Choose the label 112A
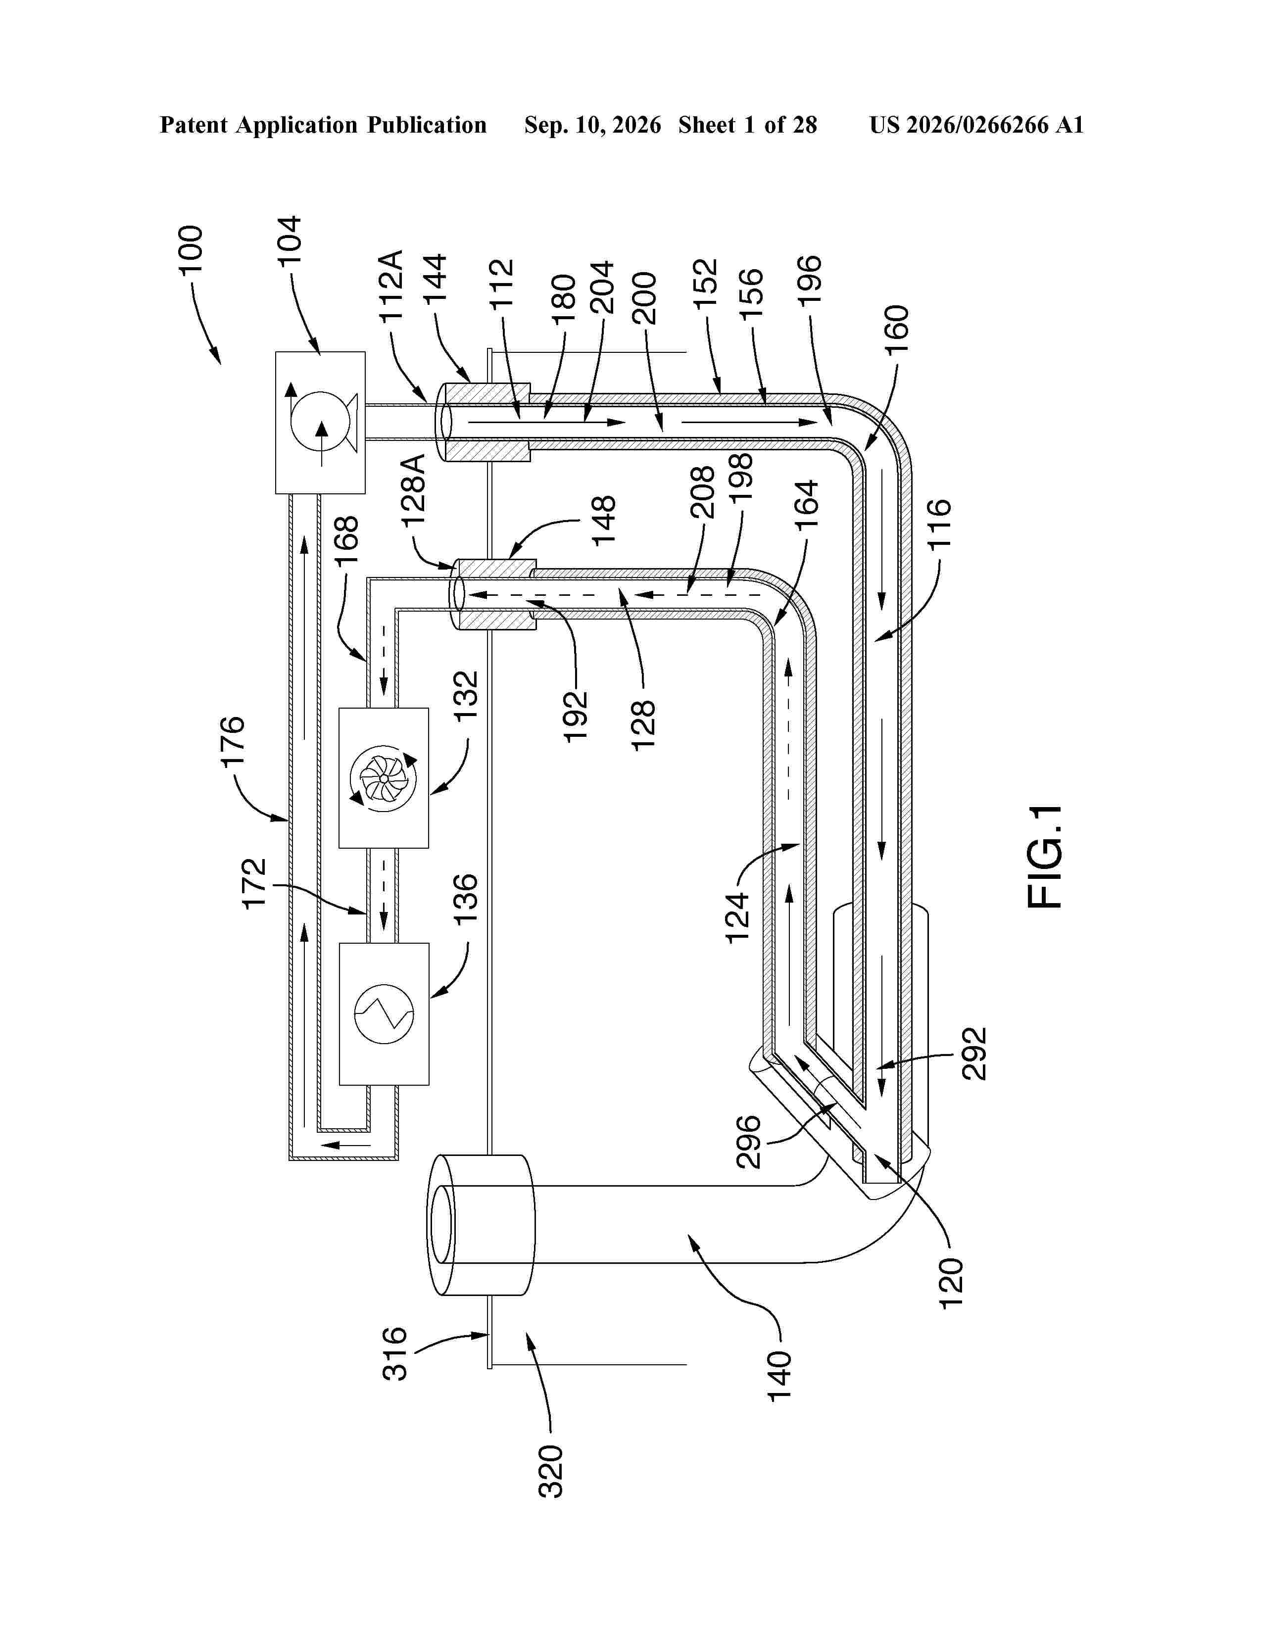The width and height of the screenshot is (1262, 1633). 390,287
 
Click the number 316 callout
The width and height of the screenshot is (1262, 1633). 395,1353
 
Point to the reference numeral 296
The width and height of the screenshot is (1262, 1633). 749,1142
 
